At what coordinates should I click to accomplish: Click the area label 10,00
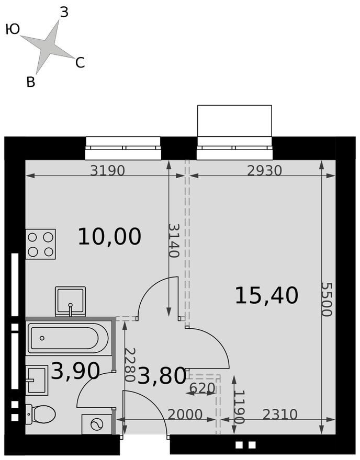click(x=109, y=237)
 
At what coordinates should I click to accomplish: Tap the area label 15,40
click(x=267, y=295)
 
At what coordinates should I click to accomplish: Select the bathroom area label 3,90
click(x=75, y=371)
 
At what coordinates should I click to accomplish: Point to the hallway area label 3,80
click(x=162, y=376)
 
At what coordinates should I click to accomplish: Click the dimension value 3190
click(x=107, y=170)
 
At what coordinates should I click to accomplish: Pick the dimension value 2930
click(x=264, y=170)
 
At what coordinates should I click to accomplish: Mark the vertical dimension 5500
click(x=327, y=299)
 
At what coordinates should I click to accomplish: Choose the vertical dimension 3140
click(x=174, y=240)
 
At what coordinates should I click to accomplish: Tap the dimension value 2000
click(x=185, y=415)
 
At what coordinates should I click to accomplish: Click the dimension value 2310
click(x=280, y=415)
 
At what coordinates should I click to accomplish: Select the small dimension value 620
click(x=203, y=388)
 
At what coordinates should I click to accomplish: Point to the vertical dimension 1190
click(x=240, y=407)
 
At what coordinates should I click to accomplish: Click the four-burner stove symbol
click(x=40, y=244)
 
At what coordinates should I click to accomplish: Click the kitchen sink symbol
click(x=71, y=302)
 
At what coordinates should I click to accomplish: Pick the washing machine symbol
click(x=97, y=424)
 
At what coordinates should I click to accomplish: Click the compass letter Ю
click(x=13, y=30)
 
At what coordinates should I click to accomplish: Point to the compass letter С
click(x=80, y=63)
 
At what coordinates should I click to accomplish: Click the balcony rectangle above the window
click(x=234, y=121)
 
